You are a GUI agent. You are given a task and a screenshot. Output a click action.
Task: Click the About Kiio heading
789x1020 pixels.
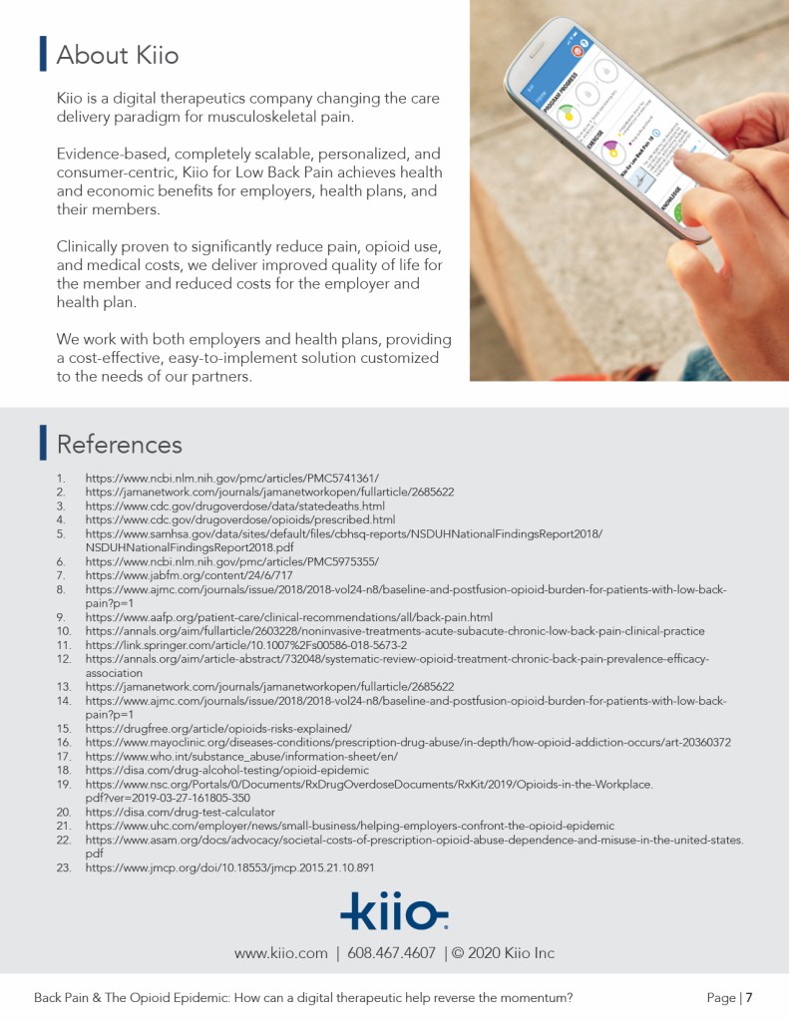point(118,55)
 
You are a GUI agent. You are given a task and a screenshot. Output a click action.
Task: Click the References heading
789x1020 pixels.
point(120,444)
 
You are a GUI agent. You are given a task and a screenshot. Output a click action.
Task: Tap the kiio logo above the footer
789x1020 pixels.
point(394,910)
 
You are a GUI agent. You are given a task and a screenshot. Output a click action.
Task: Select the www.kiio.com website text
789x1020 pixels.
point(280,953)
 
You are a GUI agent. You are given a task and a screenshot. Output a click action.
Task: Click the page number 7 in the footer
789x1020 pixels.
point(748,997)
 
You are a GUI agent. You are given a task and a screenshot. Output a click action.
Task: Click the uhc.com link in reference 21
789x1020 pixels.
point(349,827)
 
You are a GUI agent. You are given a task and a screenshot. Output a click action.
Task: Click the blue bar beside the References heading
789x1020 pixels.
point(43,444)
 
